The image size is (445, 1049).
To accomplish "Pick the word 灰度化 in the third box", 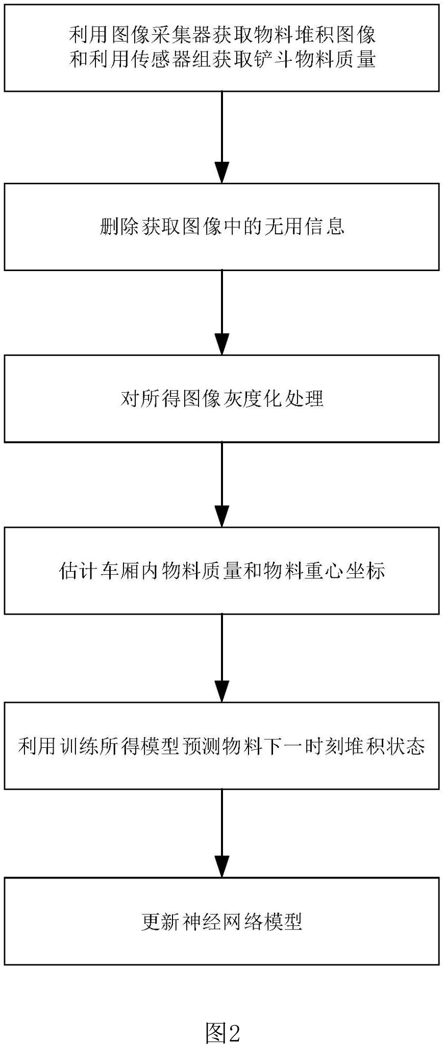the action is click(253, 398).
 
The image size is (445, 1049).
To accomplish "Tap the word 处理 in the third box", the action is click(305, 398).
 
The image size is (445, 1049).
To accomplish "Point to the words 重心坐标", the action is click(345, 570).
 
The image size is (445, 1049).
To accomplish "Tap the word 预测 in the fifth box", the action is click(202, 746).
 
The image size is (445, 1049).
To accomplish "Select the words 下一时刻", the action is click(305, 746).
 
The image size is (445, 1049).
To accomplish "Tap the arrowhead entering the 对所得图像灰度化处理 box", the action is click(221, 345).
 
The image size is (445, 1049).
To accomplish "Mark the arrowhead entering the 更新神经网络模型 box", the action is click(221, 868).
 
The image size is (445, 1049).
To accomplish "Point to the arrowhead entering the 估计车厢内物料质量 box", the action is click(221, 517).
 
